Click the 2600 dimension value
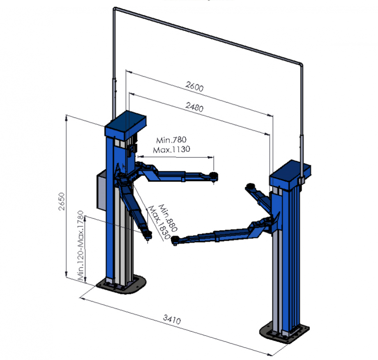click(194, 86)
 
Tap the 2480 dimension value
click(194, 106)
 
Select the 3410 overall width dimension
click(172, 319)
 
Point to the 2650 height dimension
click(62, 201)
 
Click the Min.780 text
click(171, 140)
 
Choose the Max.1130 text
click(172, 150)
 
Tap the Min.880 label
click(168, 218)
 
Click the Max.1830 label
click(159, 222)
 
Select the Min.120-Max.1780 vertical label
click(81, 245)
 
